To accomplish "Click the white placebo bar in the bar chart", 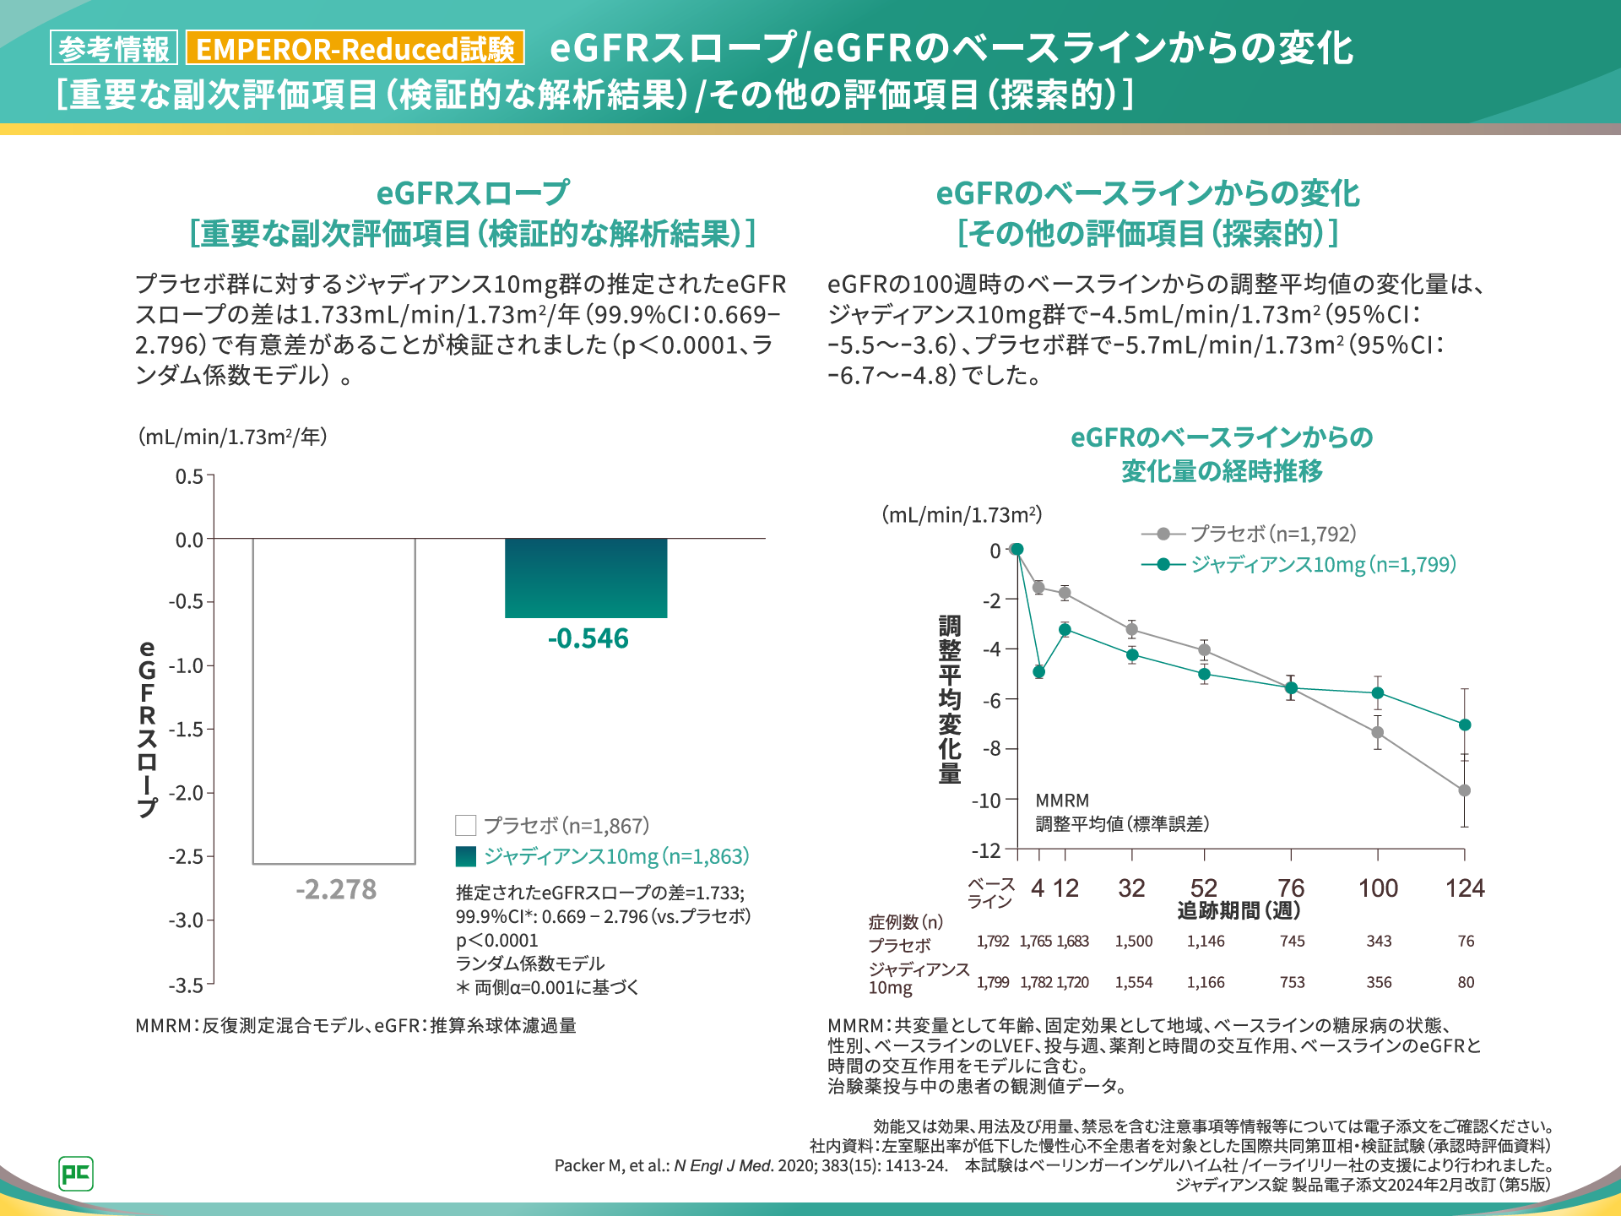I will click(x=334, y=701).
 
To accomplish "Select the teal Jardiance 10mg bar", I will click(x=586, y=578).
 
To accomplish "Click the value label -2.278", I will click(x=336, y=889).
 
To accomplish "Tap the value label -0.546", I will click(x=588, y=638).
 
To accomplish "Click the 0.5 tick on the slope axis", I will click(x=190, y=476).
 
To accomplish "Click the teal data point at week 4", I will click(x=1038, y=672).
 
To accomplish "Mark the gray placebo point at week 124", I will click(x=1465, y=790).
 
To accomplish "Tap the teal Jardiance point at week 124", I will click(x=1465, y=725).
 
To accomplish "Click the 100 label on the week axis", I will click(x=1378, y=888).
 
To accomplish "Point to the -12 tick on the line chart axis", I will click(x=986, y=850).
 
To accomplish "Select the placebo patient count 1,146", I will click(x=1206, y=941).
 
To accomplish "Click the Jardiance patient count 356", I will click(x=1379, y=982).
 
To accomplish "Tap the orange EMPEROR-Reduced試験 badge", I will click(x=355, y=48).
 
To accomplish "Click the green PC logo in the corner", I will click(x=76, y=1173).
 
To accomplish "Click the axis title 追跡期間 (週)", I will click(x=1239, y=910).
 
